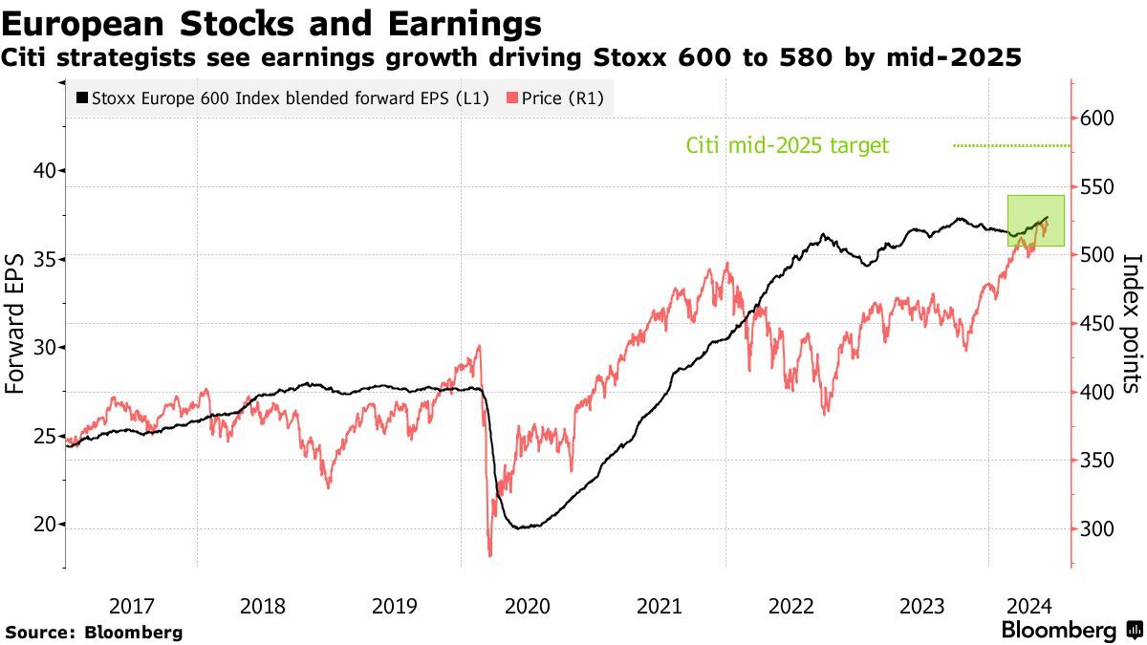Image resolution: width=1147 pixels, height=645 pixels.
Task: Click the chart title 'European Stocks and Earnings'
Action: pyautogui.click(x=271, y=23)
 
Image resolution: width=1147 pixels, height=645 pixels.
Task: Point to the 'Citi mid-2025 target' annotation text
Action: pyautogui.click(x=788, y=145)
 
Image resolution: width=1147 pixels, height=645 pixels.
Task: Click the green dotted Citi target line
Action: pyautogui.click(x=1011, y=145)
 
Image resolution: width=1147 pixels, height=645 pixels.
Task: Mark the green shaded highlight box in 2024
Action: pyautogui.click(x=1035, y=220)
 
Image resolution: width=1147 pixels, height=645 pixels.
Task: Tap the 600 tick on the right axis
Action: pyautogui.click(x=1097, y=118)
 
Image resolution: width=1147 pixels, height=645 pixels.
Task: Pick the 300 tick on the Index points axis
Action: pyautogui.click(x=1097, y=529)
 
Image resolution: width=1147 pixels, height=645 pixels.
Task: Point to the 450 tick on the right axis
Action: pyautogui.click(x=1097, y=324)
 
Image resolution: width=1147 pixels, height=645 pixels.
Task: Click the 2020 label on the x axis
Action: pyautogui.click(x=526, y=606)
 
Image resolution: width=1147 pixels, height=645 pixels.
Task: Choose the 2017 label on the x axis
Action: pyautogui.click(x=132, y=606)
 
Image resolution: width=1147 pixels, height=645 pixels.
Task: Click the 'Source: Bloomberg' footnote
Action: pyautogui.click(x=94, y=632)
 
